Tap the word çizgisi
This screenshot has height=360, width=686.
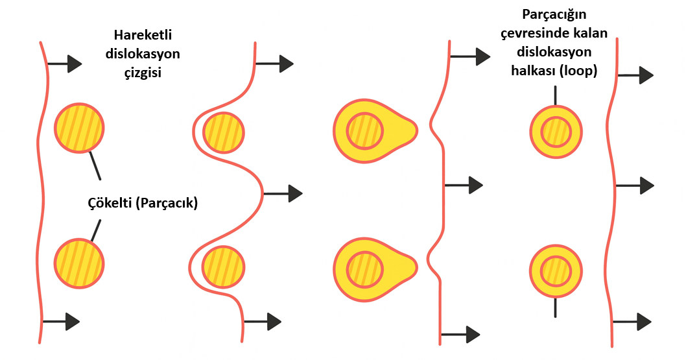point(143,72)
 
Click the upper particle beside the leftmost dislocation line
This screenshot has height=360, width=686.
point(78,128)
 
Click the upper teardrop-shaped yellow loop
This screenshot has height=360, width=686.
point(373,131)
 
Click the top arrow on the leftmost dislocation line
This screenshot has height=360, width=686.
point(65,63)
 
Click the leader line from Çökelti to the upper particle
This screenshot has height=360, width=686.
point(94,165)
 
